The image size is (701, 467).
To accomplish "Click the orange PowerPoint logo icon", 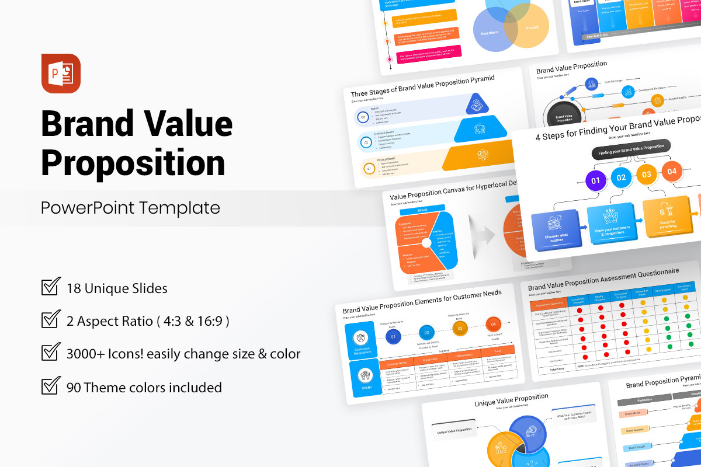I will [61, 74].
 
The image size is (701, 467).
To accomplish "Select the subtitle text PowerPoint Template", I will [130, 208].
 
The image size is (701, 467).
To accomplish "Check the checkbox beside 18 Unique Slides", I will [51, 287].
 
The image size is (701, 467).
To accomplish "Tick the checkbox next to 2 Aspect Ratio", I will [51, 320].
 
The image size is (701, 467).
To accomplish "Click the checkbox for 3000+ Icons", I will [51, 353].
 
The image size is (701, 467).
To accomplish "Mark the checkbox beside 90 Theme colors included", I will [51, 386].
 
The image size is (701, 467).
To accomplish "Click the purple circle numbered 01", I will [596, 180].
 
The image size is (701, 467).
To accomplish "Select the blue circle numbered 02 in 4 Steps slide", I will [621, 177].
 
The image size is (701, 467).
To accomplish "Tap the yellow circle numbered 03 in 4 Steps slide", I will [647, 174].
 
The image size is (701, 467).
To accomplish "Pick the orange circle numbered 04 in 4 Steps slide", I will [672, 171].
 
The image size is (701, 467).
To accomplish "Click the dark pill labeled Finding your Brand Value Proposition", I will [631, 149].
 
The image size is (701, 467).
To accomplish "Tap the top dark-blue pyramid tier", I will [477, 103].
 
